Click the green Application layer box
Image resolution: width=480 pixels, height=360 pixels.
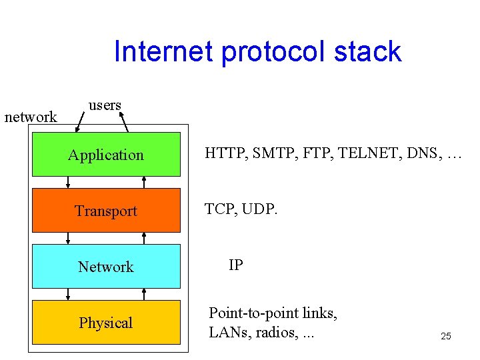pyautogui.click(x=106, y=155)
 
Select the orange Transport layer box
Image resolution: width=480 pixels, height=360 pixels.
pyautogui.click(x=106, y=211)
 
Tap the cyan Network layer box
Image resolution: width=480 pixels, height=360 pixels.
pyautogui.click(x=106, y=267)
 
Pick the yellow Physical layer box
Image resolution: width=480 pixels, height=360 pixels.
pyautogui.click(x=106, y=323)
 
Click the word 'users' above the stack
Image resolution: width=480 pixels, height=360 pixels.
pyautogui.click(x=105, y=105)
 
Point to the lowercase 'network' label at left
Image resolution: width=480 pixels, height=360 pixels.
pyautogui.click(x=31, y=117)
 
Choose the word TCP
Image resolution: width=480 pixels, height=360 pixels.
pyautogui.click(x=219, y=209)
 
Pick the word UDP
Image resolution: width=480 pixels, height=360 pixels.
pyautogui.click(x=259, y=209)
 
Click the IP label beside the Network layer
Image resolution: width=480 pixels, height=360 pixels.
pyautogui.click(x=236, y=265)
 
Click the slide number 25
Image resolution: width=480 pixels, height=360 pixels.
pyautogui.click(x=446, y=336)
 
